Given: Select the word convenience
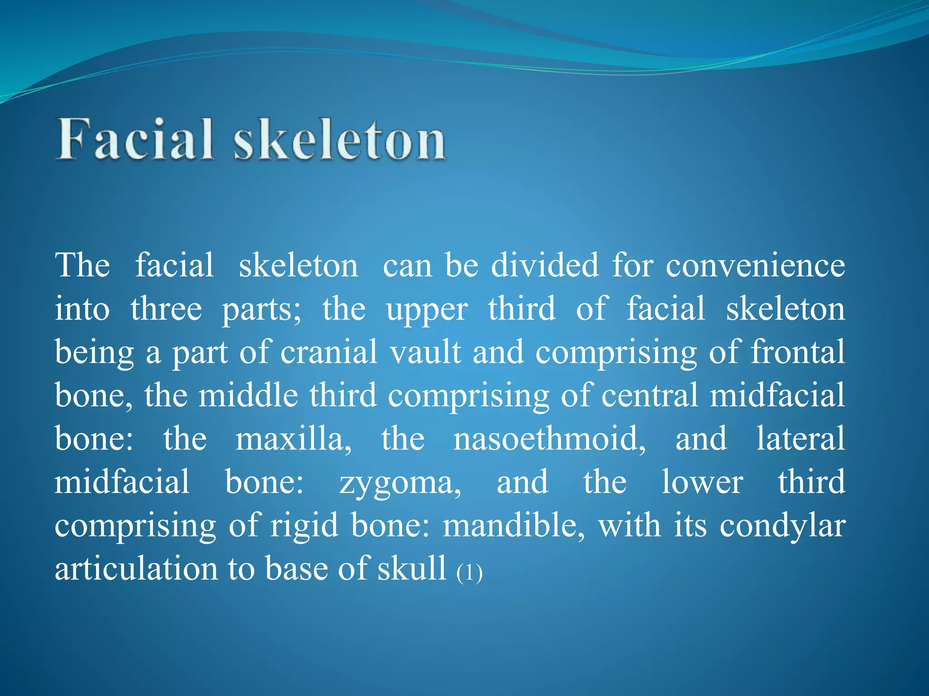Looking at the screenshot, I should pyautogui.click(x=755, y=266).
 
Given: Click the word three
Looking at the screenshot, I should pyautogui.click(x=166, y=309).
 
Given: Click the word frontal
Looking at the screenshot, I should pyautogui.click(x=798, y=352).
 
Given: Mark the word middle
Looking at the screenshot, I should pyautogui.click(x=248, y=395).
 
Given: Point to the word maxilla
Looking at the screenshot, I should pyautogui.click(x=293, y=439).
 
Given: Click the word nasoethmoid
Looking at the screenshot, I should pyautogui.click(x=549, y=439).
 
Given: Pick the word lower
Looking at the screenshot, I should pyautogui.click(x=702, y=482).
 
